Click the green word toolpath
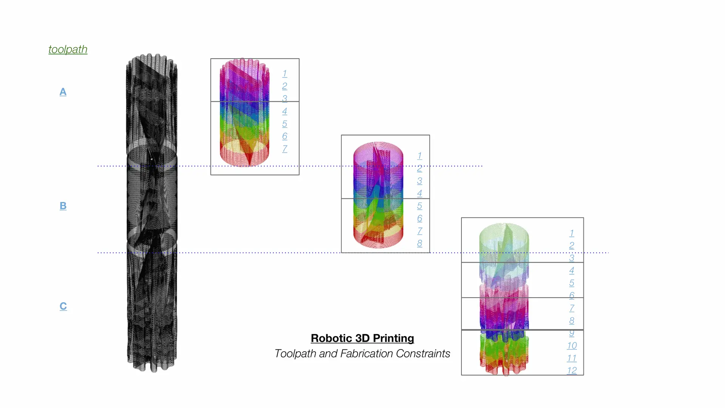(68, 49)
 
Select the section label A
(63, 92)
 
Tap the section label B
(63, 206)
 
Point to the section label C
(63, 306)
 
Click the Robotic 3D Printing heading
(362, 338)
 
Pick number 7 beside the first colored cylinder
(285, 149)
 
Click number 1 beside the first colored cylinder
(285, 74)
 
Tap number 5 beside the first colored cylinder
(285, 124)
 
